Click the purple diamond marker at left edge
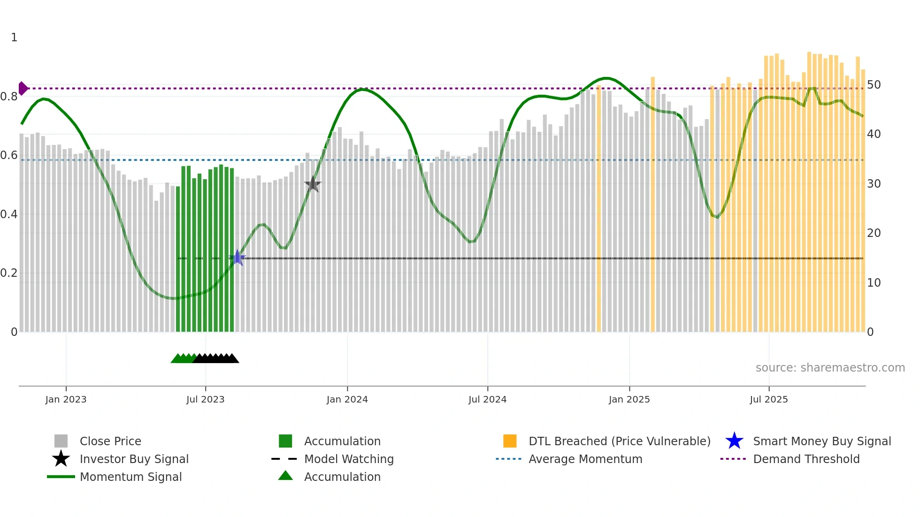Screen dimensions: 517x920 23,88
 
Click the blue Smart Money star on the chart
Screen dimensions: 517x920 238,258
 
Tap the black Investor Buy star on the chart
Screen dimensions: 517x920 313,184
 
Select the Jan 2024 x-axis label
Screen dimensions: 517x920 347,400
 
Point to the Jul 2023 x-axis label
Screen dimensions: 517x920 205,400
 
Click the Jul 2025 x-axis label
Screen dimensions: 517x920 768,400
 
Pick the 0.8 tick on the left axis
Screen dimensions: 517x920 9,97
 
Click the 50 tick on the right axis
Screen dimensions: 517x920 874,85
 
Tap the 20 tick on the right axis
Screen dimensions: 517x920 874,233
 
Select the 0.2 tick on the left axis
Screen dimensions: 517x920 9,273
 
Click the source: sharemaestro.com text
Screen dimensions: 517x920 830,368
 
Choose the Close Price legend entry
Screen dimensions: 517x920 110,441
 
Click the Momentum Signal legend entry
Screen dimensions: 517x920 130,477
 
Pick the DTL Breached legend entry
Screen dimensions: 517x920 619,441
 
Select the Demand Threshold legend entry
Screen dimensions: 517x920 806,459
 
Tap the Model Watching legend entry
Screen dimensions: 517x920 349,459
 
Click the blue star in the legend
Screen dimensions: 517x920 734,441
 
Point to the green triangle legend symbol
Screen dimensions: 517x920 285,476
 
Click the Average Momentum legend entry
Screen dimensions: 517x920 585,459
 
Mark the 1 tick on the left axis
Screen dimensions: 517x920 14,38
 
